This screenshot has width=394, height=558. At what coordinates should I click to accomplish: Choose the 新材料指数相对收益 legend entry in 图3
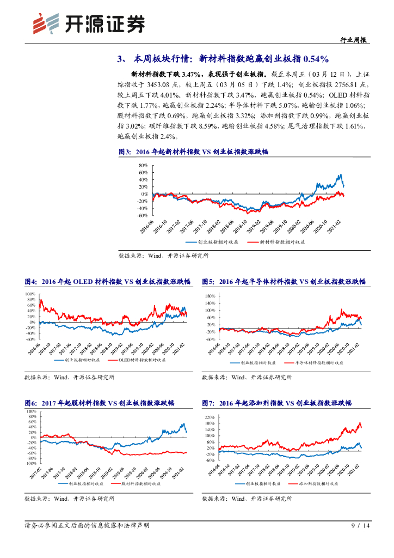coord(277,241)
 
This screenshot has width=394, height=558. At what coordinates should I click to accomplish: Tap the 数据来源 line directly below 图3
coord(163,255)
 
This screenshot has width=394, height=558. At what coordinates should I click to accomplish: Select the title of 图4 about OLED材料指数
coord(107,282)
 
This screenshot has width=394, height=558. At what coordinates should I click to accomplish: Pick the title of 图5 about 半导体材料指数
coord(284,282)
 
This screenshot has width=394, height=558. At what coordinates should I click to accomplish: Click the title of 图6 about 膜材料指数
coord(99,403)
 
